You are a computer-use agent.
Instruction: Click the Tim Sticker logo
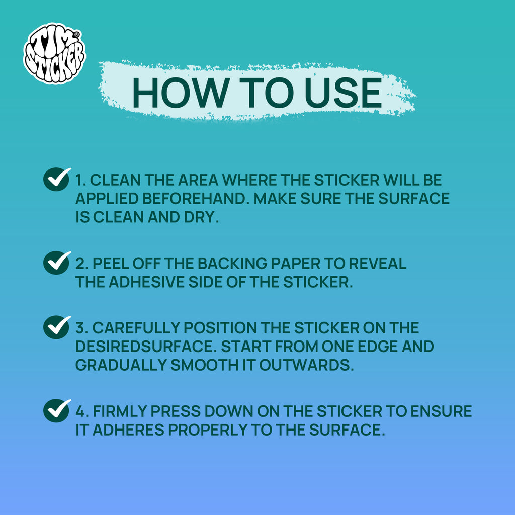coord(54,53)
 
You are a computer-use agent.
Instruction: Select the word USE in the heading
coord(343,93)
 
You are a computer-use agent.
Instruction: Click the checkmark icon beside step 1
coord(57,179)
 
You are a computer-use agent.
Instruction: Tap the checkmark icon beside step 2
coord(57,263)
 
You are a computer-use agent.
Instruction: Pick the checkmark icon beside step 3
coord(57,327)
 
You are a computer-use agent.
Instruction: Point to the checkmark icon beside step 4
coord(57,410)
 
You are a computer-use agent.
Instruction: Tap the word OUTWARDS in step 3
coord(306,365)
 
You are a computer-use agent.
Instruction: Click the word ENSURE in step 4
coord(441,411)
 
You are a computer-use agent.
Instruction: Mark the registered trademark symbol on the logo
coord(76,34)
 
